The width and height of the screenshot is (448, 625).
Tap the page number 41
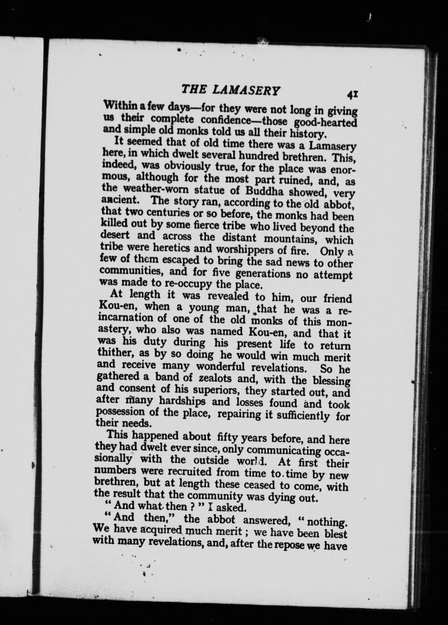pos(351,94)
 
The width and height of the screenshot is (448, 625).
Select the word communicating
pos(284,450)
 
